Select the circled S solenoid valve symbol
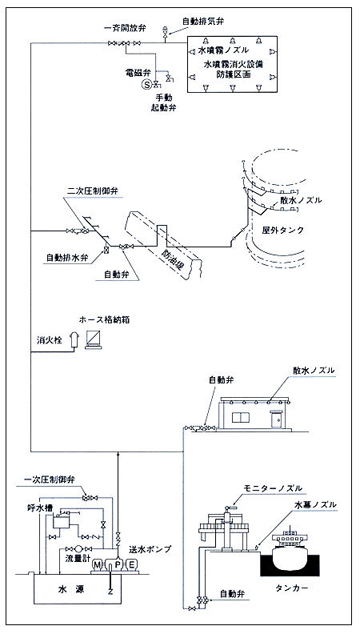146,85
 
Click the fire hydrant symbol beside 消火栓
74,339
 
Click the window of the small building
241,419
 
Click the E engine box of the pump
132,564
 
